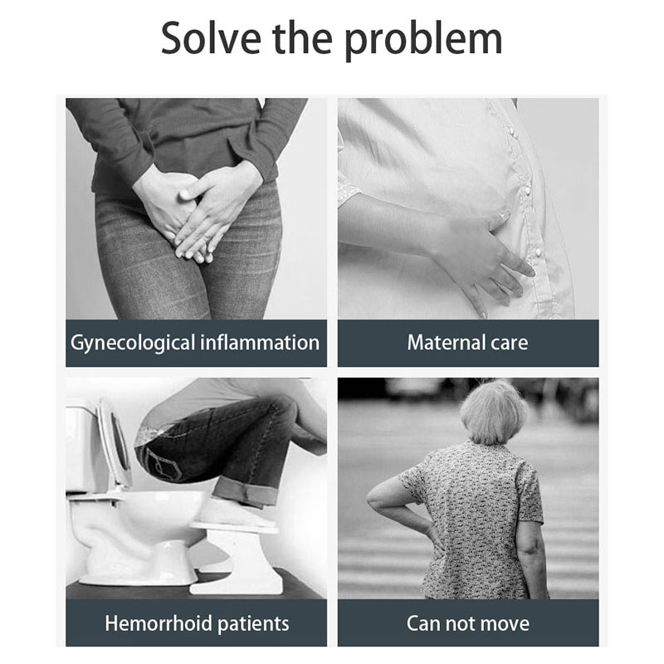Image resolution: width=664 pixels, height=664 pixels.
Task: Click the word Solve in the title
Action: click(211, 38)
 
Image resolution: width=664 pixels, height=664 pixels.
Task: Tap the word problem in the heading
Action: click(423, 41)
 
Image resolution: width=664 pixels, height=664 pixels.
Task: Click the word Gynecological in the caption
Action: click(133, 343)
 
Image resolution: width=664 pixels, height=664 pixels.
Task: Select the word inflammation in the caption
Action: click(260, 342)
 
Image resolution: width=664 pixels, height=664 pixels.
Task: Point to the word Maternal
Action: click(447, 342)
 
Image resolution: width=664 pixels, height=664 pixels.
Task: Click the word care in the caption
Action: click(510, 344)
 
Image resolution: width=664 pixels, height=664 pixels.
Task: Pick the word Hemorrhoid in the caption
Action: click(159, 623)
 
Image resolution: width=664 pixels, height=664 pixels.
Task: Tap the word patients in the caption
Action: click(253, 624)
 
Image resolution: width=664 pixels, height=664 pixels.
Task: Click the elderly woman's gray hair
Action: click(494, 412)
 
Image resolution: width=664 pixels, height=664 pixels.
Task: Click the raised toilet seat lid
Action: click(114, 445)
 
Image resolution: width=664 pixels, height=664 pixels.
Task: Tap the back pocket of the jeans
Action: click(163, 462)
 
